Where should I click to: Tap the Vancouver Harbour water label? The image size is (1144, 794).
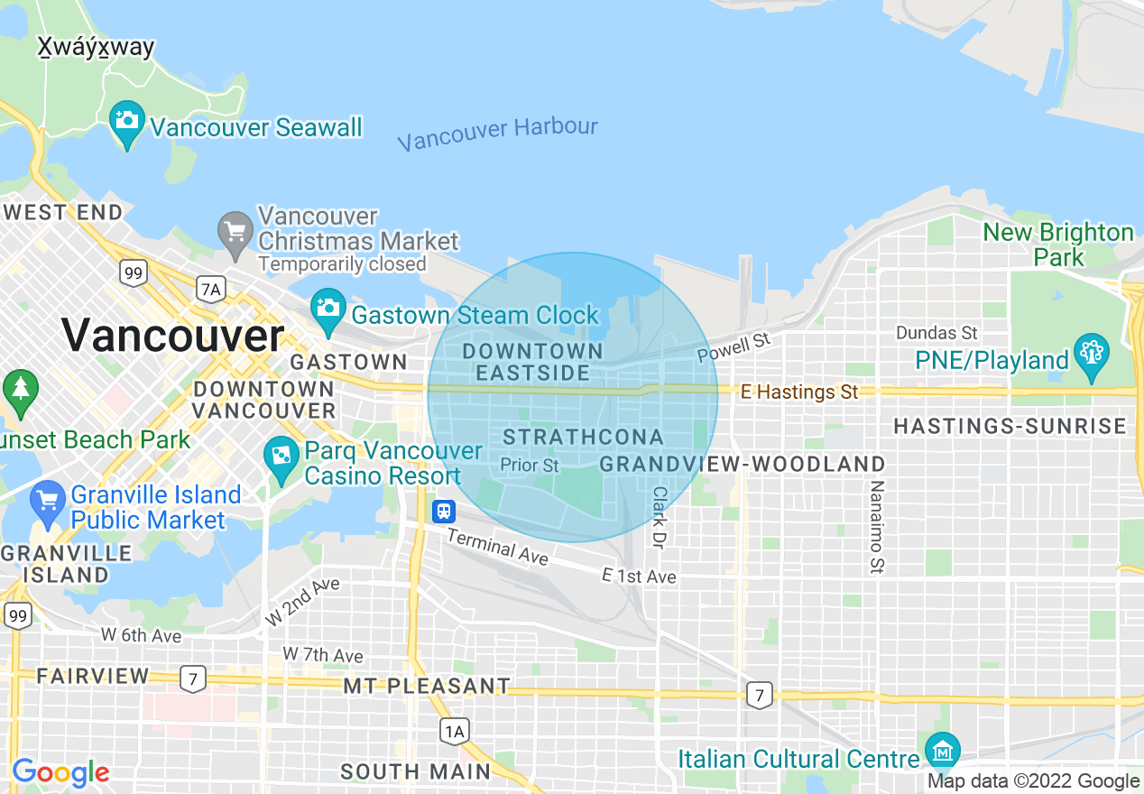pos(497,134)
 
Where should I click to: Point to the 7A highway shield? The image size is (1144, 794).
pos(210,289)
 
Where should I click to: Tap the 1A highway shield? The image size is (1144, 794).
pos(454,730)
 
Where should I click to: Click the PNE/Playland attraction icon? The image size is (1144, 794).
pos(1091,354)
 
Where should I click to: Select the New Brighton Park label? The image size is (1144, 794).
pos(1058,245)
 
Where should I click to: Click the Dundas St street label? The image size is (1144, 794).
pos(937,333)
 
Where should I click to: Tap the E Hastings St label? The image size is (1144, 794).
pos(799,392)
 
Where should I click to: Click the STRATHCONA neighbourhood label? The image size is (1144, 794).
pos(583,438)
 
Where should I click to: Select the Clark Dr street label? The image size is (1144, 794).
pos(660,520)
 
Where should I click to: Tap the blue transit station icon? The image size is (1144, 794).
pos(444,512)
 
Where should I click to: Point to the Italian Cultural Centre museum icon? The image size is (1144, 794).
pos(942,751)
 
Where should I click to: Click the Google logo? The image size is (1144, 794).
pos(60,772)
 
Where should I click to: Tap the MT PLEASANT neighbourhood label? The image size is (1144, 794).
pos(427,687)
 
